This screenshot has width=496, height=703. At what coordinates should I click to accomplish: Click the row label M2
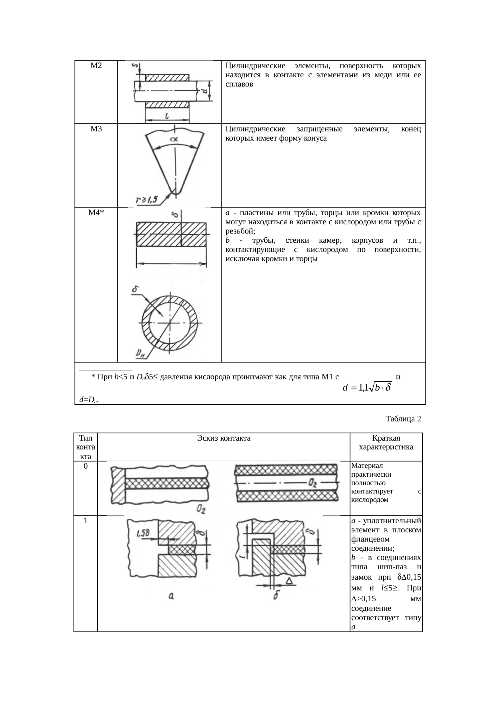[x=96, y=66]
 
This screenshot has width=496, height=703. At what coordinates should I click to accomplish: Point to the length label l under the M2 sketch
[x=166, y=117]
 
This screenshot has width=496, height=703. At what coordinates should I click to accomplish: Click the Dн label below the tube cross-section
[x=139, y=354]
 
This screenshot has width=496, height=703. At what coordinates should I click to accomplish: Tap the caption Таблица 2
[x=403, y=419]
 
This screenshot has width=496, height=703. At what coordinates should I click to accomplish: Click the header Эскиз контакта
[x=224, y=438]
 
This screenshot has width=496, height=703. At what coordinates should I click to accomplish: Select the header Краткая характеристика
[x=386, y=443]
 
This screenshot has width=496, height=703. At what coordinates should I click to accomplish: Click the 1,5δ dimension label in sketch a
[x=142, y=534]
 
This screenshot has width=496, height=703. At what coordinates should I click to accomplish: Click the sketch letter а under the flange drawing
[x=170, y=596]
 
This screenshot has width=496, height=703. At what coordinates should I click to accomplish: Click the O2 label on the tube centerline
[x=312, y=484]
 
